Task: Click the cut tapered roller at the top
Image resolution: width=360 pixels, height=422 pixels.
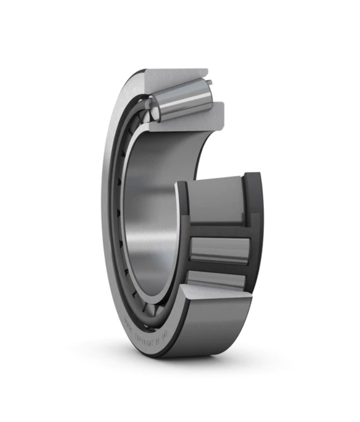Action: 181,102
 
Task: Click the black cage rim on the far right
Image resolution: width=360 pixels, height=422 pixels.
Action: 255,230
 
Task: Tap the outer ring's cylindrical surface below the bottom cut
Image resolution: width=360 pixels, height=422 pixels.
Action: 209,329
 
